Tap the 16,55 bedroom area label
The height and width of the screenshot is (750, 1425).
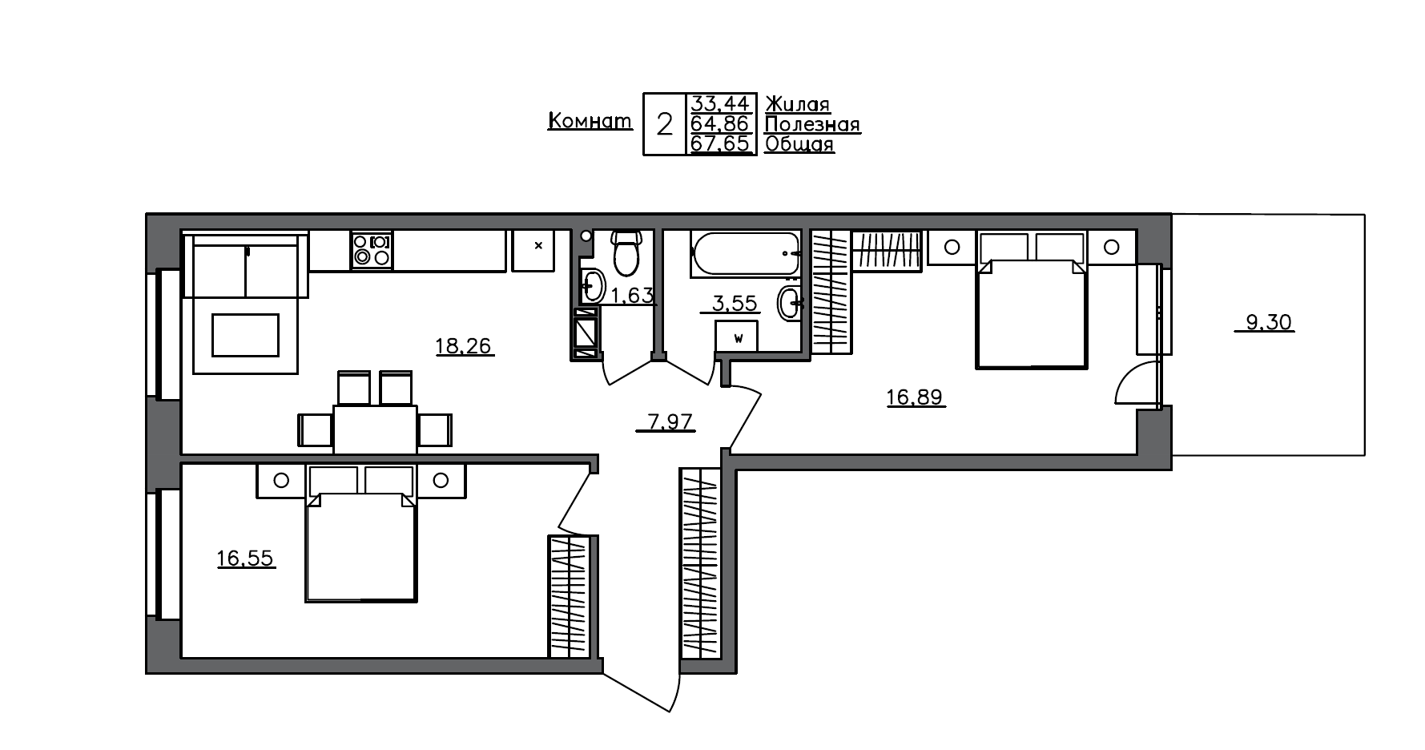click(x=246, y=558)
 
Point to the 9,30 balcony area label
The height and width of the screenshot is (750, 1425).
click(x=1269, y=323)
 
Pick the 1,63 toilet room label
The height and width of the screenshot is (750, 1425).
click(x=633, y=296)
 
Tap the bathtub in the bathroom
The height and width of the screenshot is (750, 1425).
click(x=745, y=252)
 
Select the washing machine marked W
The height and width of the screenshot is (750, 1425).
click(x=738, y=337)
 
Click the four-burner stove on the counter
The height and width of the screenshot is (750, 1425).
click(x=372, y=250)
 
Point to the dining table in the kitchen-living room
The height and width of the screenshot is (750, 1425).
click(x=375, y=429)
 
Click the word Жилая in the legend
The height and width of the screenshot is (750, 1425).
click(x=797, y=104)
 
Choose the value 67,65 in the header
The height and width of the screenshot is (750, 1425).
click(x=720, y=144)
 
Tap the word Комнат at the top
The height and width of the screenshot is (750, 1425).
click(x=590, y=122)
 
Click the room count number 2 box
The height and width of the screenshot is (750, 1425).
click(x=664, y=125)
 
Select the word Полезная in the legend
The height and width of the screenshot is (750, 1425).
click(x=812, y=124)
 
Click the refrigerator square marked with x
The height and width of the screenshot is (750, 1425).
click(x=538, y=251)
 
